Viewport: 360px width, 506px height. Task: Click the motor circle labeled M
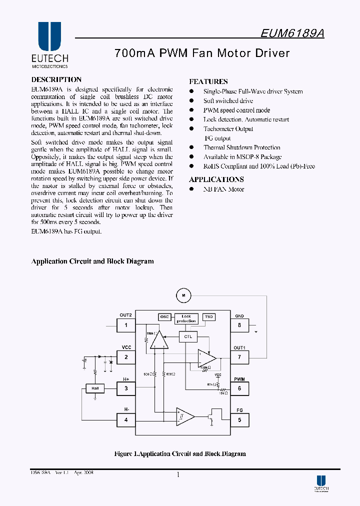pyautogui.click(x=183, y=296)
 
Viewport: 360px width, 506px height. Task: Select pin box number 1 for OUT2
pyautogui.click(x=126, y=325)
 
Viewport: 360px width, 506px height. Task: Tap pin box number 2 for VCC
pyautogui.click(x=126, y=357)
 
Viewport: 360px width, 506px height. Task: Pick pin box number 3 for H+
pyautogui.click(x=126, y=388)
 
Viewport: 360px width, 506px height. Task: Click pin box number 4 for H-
pyautogui.click(x=126, y=420)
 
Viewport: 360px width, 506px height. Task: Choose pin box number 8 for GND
pyautogui.click(x=239, y=325)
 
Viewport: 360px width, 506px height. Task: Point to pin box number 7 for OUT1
pyautogui.click(x=239, y=357)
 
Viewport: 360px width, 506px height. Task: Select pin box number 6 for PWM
pyautogui.click(x=239, y=388)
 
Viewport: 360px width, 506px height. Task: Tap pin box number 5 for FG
pyautogui.click(x=239, y=420)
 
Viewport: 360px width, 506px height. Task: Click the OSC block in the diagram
pyautogui.click(x=164, y=317)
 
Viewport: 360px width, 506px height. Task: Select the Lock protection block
pyautogui.click(x=186, y=318)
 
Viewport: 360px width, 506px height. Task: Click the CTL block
pyautogui.click(x=188, y=336)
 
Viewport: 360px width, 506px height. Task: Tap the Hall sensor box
pyautogui.click(x=95, y=388)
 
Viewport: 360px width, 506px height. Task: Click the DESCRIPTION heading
pyautogui.click(x=56, y=79)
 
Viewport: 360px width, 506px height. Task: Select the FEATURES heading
pyautogui.click(x=208, y=81)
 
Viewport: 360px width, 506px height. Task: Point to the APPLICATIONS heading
pyautogui.click(x=216, y=179)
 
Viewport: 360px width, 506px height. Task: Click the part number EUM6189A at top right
pyautogui.click(x=292, y=33)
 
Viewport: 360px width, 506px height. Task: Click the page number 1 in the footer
pyautogui.click(x=178, y=475)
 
